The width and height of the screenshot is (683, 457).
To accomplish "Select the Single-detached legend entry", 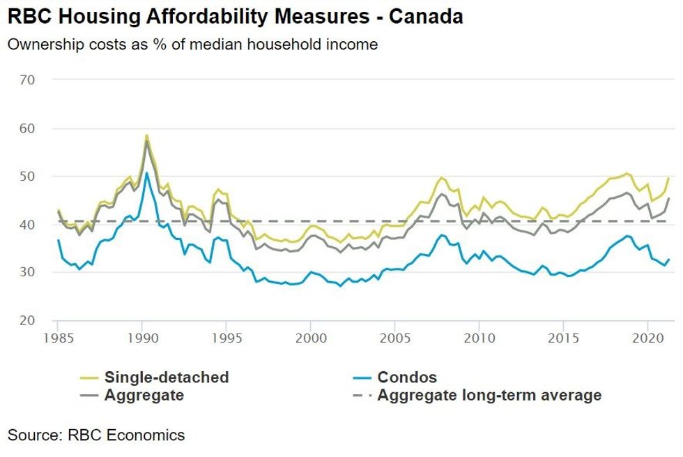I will coord(167,377).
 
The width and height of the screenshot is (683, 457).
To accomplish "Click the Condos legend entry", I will coord(407,377).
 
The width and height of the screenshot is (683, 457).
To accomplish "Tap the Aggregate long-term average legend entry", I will coord(489,396).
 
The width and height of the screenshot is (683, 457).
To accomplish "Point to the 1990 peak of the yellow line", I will coord(146,135).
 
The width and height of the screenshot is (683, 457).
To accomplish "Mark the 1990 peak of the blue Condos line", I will coord(146,173).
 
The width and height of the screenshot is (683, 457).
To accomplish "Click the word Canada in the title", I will coord(426,17).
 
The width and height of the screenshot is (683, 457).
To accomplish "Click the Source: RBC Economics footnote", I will coord(96,435).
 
